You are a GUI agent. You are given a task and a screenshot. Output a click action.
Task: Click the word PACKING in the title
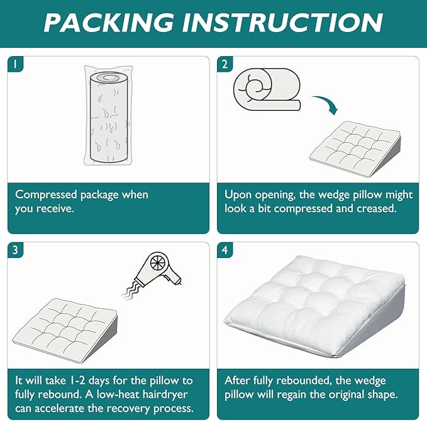click(109, 23)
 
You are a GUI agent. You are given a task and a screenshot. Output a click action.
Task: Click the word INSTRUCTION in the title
click(283, 23)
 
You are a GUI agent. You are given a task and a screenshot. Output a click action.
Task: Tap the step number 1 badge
click(15, 64)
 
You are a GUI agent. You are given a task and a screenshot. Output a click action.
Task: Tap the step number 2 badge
click(225, 64)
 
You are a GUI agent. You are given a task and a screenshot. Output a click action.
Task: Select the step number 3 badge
click(15, 250)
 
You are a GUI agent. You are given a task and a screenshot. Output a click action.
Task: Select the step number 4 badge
click(225, 250)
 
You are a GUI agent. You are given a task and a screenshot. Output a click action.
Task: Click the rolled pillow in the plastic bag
click(109, 116)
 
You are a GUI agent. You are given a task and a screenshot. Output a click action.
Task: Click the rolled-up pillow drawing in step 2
click(267, 89)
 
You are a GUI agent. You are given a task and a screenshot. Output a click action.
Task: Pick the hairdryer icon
click(158, 269)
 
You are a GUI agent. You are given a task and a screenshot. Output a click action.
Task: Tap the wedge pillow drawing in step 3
click(65, 330)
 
